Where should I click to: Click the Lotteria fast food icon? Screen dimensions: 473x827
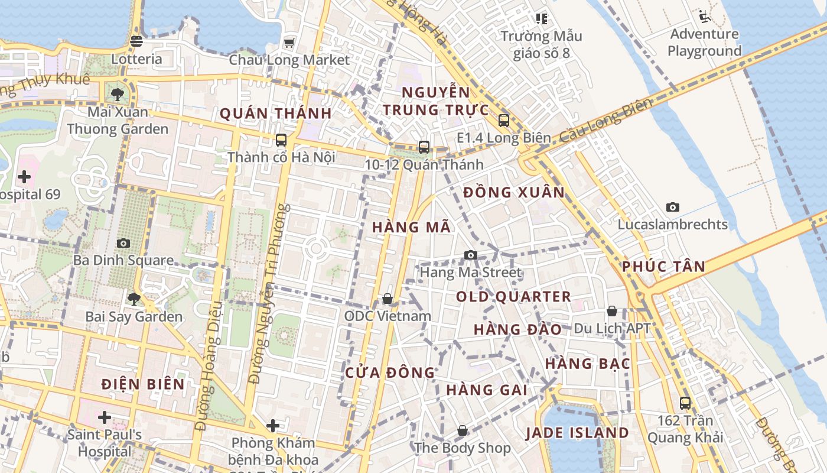(x=136, y=41)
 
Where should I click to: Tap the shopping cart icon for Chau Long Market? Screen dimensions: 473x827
(x=289, y=42)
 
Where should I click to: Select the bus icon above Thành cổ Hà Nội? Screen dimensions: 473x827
(x=281, y=140)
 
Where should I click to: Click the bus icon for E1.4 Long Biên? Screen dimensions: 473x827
(x=503, y=121)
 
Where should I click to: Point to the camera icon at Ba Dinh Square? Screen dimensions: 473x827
(x=123, y=243)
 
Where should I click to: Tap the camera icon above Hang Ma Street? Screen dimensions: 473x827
(x=470, y=255)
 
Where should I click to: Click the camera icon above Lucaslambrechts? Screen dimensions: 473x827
(x=672, y=207)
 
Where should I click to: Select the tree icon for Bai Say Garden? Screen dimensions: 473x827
(x=134, y=299)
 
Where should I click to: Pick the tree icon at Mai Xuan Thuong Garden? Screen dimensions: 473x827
(x=118, y=93)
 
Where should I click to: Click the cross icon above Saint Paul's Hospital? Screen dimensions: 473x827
(x=105, y=417)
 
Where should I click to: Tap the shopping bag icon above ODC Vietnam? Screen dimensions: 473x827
(x=388, y=299)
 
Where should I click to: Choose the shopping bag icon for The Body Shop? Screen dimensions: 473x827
(x=462, y=430)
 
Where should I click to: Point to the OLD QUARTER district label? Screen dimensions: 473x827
(x=513, y=297)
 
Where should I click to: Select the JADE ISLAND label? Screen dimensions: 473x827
(x=577, y=433)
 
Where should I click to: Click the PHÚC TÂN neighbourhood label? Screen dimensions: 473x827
(x=663, y=267)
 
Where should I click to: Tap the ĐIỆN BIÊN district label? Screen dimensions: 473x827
(x=143, y=384)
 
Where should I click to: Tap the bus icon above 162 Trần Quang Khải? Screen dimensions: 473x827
(x=685, y=403)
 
